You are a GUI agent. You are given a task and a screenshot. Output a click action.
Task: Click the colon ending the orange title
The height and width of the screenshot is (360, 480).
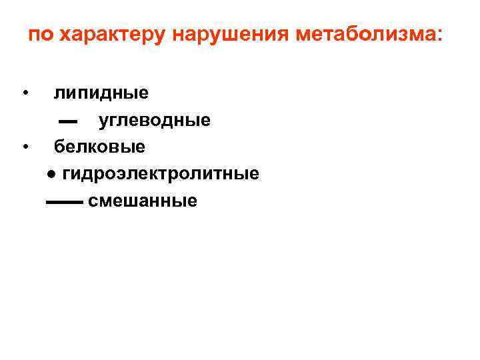(437, 36)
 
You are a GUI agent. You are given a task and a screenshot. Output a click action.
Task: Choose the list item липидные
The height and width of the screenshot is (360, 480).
(101, 93)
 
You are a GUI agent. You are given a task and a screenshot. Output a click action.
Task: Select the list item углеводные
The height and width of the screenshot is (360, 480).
(155, 120)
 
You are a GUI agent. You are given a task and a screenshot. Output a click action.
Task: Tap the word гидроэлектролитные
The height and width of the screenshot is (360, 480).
(161, 174)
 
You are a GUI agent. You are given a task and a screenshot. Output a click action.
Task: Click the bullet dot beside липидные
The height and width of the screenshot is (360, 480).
(25, 92)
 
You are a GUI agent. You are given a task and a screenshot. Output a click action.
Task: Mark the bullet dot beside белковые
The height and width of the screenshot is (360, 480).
(25, 145)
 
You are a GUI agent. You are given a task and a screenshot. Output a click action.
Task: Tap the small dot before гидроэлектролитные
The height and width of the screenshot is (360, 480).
(51, 175)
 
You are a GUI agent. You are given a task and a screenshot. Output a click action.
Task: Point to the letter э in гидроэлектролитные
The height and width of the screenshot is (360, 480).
(126, 174)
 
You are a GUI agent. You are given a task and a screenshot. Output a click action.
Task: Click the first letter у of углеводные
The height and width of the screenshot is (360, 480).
(104, 121)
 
